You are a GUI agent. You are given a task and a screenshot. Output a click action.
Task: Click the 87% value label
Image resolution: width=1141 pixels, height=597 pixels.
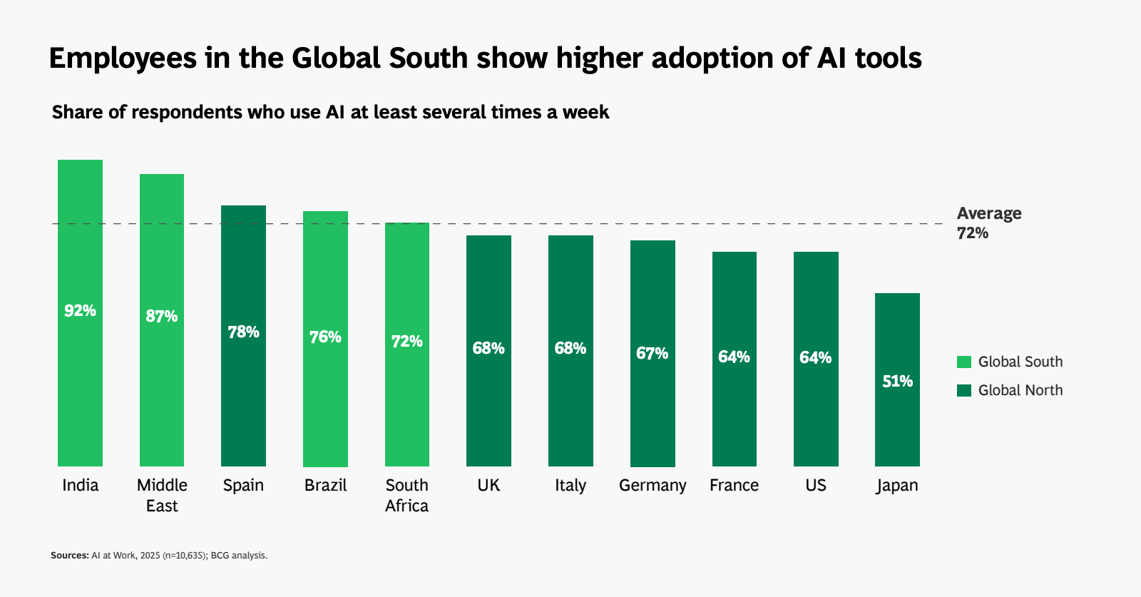[162, 316]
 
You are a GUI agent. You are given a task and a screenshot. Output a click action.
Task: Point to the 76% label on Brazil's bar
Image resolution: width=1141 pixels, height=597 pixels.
[325, 337]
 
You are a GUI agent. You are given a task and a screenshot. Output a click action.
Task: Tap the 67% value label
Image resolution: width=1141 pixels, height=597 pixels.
[652, 353]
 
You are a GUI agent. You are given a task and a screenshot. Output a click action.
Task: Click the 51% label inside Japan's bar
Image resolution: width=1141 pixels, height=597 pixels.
[897, 381]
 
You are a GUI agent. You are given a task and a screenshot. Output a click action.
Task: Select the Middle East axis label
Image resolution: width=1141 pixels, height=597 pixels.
[162, 495]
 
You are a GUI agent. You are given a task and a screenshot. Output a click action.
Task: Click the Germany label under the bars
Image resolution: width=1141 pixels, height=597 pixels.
[653, 486]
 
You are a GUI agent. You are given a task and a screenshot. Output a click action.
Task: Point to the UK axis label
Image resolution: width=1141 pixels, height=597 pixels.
[488, 485]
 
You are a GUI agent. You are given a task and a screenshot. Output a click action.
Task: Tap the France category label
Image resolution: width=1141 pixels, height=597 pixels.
[734, 485]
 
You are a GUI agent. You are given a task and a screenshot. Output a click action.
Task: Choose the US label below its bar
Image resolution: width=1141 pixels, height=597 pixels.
[816, 485]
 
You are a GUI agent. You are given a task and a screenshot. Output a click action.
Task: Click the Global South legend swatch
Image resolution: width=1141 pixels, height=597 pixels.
[964, 362]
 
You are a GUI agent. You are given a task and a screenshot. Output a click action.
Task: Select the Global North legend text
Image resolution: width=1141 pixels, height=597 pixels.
[1020, 390]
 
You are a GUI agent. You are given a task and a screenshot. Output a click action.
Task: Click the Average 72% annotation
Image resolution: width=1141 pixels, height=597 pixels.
[988, 223]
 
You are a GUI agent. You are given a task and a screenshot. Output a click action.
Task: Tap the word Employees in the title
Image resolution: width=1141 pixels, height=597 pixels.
[122, 58]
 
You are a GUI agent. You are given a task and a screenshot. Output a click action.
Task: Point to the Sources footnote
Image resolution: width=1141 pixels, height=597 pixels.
[159, 555]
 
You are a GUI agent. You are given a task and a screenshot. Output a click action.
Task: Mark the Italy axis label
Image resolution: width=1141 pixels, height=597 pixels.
[570, 485]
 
